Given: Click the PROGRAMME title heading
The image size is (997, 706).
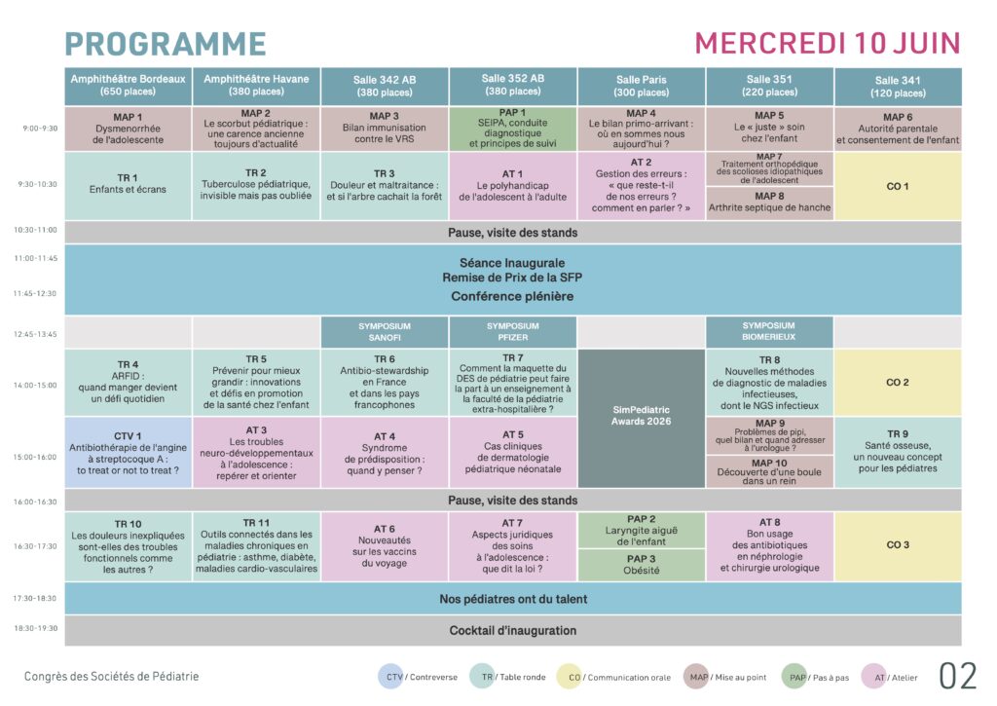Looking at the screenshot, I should pyautogui.click(x=166, y=44).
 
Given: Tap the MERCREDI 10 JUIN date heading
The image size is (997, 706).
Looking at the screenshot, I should pyautogui.click(x=828, y=44).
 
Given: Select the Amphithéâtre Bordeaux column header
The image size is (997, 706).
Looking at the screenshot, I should pyautogui.click(x=128, y=86).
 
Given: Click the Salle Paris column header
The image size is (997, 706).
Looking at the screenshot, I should pyautogui.click(x=642, y=86).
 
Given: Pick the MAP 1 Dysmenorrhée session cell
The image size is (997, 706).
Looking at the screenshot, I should pyautogui.click(x=128, y=129).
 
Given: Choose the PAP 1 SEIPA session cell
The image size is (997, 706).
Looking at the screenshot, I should pyautogui.click(x=513, y=129).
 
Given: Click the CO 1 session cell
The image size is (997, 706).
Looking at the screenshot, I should pyautogui.click(x=898, y=186).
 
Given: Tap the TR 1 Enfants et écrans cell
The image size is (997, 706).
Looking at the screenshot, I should pyautogui.click(x=128, y=185).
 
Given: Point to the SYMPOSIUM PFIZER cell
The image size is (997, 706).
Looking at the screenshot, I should pyautogui.click(x=513, y=332).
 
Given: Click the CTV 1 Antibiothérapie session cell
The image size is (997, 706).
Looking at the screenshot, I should pyautogui.click(x=128, y=453).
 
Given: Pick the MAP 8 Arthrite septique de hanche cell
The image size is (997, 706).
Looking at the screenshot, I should pyautogui.click(x=769, y=203).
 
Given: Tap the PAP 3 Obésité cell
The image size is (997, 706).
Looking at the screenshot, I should pyautogui.click(x=642, y=565).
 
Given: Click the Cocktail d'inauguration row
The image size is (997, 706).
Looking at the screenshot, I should pyautogui.click(x=512, y=630).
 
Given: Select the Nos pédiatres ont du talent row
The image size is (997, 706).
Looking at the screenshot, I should pyautogui.click(x=512, y=599).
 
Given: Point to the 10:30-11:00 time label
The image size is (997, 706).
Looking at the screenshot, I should pyautogui.click(x=35, y=231).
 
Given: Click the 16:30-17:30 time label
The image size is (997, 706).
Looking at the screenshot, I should pyautogui.click(x=35, y=546).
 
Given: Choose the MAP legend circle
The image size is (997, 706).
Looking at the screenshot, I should pyautogui.click(x=696, y=677).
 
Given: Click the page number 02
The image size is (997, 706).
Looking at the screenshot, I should pyautogui.click(x=958, y=676).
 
